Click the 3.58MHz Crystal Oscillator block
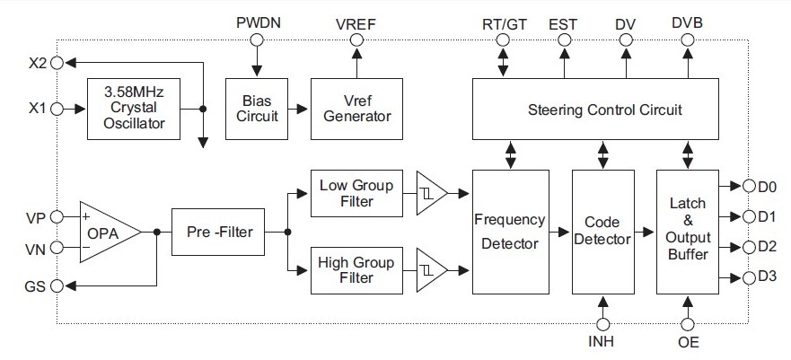[133, 108]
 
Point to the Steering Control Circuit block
[594, 110]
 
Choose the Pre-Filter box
[218, 232]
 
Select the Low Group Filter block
[356, 192]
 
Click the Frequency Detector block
[509, 231]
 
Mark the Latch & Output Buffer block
[688, 231]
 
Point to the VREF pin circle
[356, 40]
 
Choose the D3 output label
[766, 277]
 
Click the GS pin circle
[58, 285]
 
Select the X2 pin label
[38, 63]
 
